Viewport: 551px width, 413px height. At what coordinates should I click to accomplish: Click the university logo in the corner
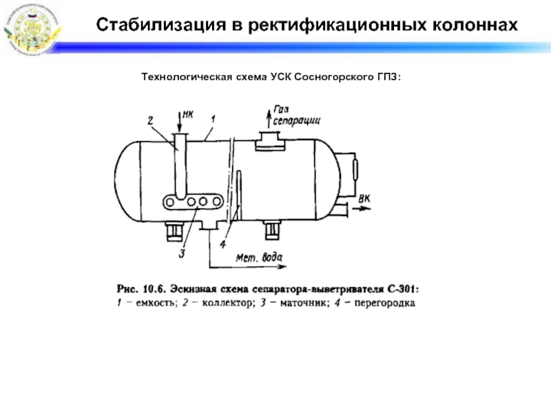tap(32, 28)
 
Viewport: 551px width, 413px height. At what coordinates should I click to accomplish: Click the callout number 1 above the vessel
tap(214, 120)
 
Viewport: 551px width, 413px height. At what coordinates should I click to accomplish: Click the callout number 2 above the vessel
tap(149, 120)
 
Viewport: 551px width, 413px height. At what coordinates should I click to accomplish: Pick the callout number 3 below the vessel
tap(182, 253)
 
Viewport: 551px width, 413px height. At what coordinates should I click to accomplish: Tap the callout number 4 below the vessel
tap(222, 244)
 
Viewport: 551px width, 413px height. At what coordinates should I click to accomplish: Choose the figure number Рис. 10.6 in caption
tap(138, 288)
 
